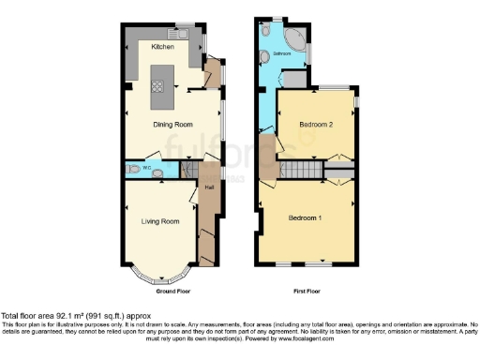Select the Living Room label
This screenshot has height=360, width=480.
pos(160,222)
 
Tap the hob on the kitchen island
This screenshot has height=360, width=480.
pos(157,88)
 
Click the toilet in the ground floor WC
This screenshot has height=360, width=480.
pos(137,170)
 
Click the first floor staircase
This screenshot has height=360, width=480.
pos(300,170)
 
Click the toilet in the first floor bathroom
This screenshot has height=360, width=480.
pos(268,34)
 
